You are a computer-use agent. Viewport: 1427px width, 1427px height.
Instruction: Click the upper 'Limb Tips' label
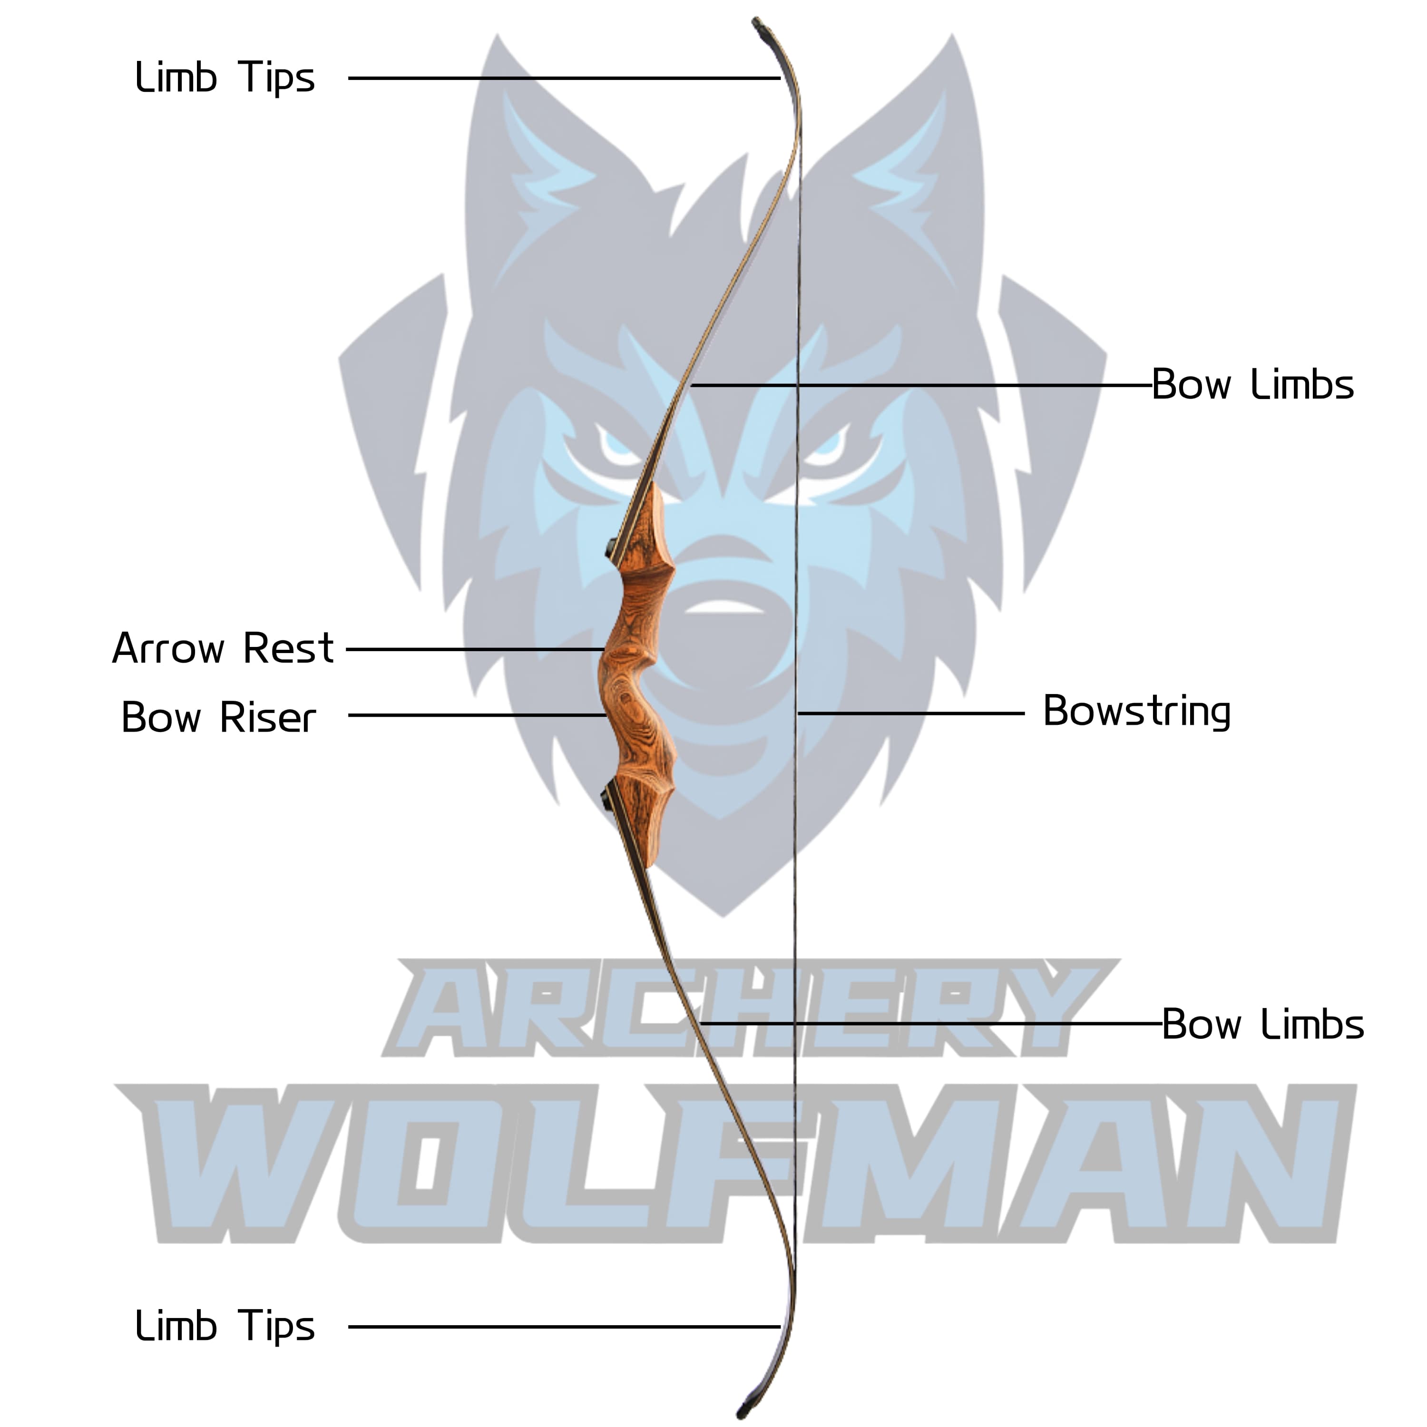click(x=225, y=78)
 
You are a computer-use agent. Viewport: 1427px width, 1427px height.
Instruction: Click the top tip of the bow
click(x=757, y=24)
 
